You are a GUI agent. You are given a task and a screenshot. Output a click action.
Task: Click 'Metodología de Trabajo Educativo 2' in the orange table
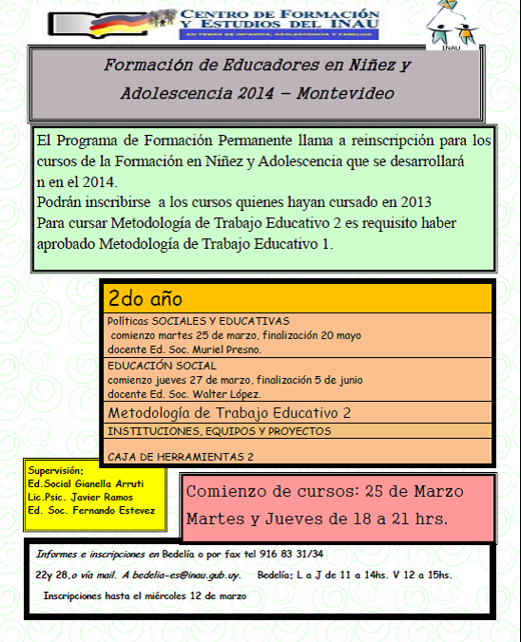(229, 413)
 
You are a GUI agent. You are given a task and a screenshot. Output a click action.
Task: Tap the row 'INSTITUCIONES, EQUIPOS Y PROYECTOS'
(219, 431)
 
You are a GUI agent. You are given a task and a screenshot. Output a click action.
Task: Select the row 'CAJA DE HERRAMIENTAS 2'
(180, 457)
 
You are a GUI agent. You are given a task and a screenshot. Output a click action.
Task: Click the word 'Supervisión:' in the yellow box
(56, 469)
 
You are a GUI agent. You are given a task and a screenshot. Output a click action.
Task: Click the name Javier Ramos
(106, 497)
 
